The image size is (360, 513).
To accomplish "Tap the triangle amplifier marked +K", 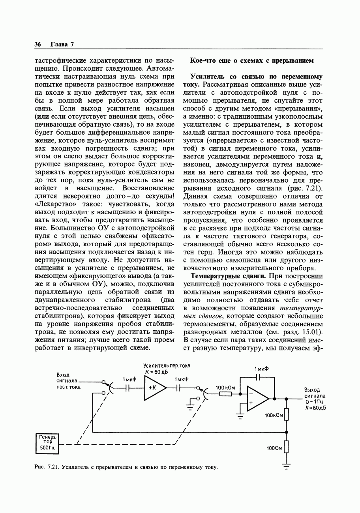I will (x=154, y=388).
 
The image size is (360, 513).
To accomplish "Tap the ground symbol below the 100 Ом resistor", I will (x=287, y=466).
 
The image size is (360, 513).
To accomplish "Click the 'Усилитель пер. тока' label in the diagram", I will (x=166, y=366).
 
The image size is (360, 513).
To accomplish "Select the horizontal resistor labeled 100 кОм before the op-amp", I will (x=225, y=394).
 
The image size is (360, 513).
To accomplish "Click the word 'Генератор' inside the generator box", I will (x=47, y=438).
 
